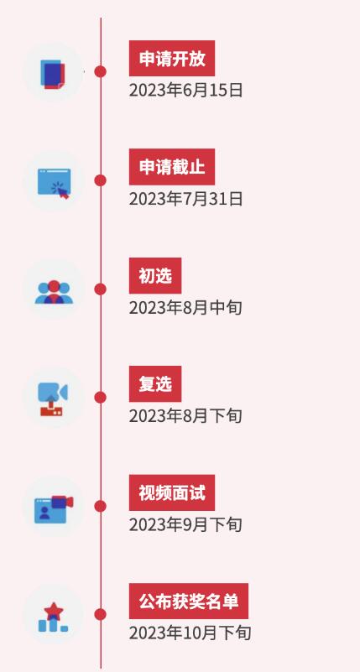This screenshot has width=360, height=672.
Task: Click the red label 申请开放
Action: click(x=172, y=58)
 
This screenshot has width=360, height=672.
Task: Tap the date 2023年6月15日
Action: click(x=186, y=91)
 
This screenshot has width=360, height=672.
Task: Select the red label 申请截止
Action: click(x=172, y=167)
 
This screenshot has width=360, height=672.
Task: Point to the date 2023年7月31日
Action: click(x=186, y=199)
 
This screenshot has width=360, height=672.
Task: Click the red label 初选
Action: click(x=155, y=275)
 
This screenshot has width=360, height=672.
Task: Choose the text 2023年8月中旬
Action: click(x=185, y=308)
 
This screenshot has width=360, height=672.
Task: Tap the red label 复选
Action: click(x=155, y=384)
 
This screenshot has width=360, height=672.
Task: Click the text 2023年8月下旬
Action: click(x=185, y=416)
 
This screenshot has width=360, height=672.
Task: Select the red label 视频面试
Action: click(x=172, y=492)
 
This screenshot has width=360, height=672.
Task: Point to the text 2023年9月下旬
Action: click(x=185, y=525)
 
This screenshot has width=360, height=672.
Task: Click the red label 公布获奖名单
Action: click(x=189, y=602)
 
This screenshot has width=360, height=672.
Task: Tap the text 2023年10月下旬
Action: click(x=190, y=633)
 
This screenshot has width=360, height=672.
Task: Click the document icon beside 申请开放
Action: click(x=53, y=74)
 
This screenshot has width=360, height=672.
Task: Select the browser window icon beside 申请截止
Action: click(x=54, y=184)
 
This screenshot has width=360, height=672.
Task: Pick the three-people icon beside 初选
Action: click(x=54, y=292)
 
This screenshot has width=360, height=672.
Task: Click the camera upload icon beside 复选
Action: click(x=53, y=399)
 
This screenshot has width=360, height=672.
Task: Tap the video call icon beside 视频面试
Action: click(x=54, y=509)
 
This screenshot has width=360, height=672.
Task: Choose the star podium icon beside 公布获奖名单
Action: click(x=53, y=617)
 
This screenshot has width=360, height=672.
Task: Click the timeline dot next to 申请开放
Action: click(x=101, y=71)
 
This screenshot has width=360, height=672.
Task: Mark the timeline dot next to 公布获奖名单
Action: click(x=101, y=615)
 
